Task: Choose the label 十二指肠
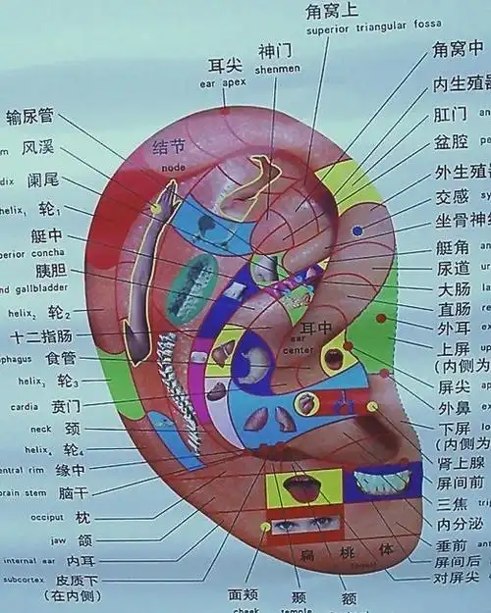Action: [x=38, y=336]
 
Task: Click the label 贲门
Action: [x=67, y=405]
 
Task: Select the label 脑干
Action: [x=74, y=492]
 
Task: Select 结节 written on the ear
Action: [x=169, y=147]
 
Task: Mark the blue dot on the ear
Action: [x=357, y=230]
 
